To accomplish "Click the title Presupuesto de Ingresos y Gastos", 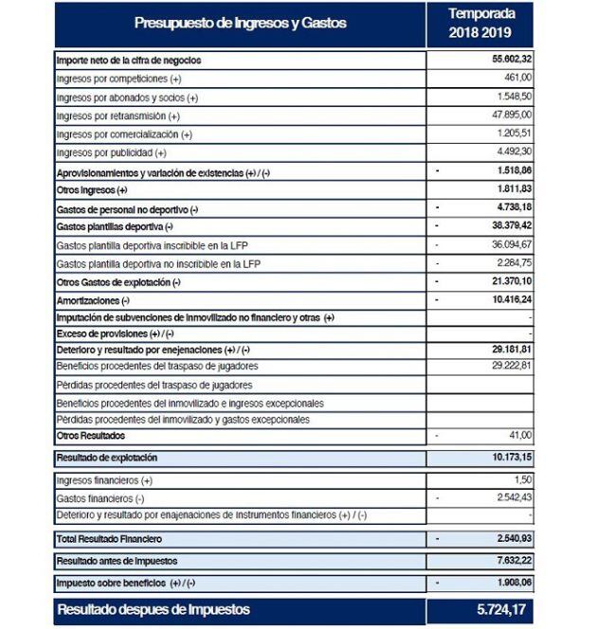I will coord(240,23).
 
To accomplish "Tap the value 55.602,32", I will coord(506,60).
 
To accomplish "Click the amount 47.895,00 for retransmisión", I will coord(506,116).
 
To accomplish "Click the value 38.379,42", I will coord(506,226).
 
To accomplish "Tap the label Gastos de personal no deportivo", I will coord(128,208).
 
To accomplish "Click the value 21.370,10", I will coord(506,281).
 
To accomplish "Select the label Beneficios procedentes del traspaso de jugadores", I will coord(157,366).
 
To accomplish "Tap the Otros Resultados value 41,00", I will coord(517,435).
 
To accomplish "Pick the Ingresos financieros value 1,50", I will coord(521,480).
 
